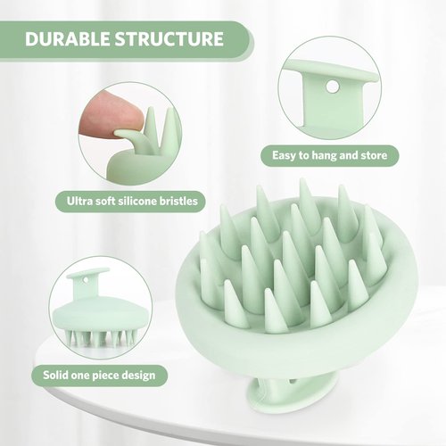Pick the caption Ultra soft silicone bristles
tap(128, 201)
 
